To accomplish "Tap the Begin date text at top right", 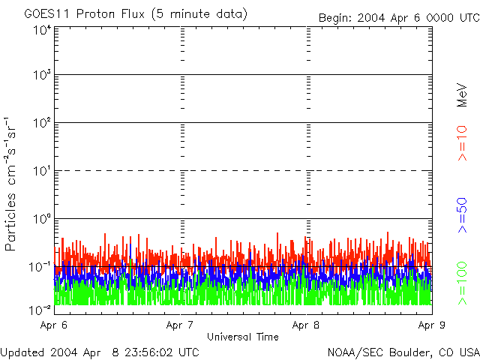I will coord(397,17).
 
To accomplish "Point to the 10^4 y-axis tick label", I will coord(41,30).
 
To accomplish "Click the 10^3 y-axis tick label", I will coord(41,75).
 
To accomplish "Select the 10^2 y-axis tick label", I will coord(41,123).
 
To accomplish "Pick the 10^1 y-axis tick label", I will coord(41,171).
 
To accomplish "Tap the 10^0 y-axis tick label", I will coord(41,219).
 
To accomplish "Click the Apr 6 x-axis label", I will coord(54,325).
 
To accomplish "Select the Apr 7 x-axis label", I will coord(180,325).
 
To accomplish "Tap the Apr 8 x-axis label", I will coord(306,325).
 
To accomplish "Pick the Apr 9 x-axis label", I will coord(432,325).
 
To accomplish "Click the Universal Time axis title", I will coord(242,337).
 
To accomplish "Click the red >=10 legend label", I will coord(463,143).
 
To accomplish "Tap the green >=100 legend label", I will coord(463,283).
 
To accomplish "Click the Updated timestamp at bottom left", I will coord(100,352).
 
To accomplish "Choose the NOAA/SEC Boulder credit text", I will coord(403,352).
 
